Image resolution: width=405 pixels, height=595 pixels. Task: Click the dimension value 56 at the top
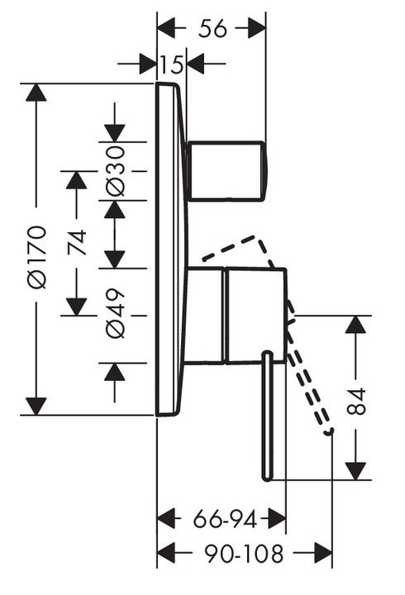click(x=212, y=29)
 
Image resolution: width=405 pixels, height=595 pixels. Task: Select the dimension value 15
click(x=172, y=64)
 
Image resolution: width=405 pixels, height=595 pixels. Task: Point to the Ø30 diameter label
click(x=115, y=170)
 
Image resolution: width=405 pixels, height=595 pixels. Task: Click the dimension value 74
click(x=76, y=242)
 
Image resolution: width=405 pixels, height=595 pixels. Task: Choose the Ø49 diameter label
click(x=115, y=314)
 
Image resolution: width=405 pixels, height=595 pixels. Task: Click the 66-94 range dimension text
click(x=222, y=520)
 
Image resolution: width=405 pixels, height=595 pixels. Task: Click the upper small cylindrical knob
click(x=227, y=170)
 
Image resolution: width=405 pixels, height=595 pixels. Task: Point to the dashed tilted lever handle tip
click(x=330, y=431)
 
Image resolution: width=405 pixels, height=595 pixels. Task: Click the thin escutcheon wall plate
click(x=169, y=248)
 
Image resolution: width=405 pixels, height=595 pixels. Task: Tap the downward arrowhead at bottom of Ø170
click(x=36, y=406)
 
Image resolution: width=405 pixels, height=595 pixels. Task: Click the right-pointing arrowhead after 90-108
click(x=323, y=552)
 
